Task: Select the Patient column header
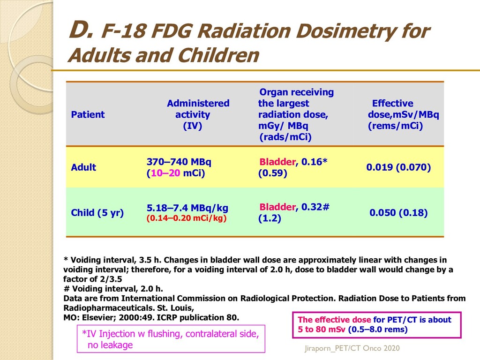88,115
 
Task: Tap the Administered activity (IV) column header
197,115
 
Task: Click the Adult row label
83,167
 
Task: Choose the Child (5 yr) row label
97,213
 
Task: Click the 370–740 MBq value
179,162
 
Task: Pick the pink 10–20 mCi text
165,173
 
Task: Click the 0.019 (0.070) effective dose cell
398,167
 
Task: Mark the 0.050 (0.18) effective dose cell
398,213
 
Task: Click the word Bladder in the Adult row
277,162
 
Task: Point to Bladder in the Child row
277,207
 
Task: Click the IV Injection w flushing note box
171,339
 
